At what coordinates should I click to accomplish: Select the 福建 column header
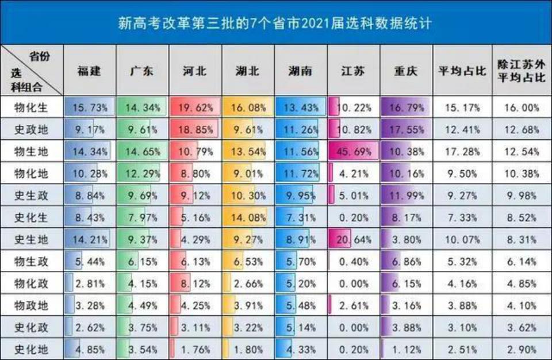[x=89, y=71]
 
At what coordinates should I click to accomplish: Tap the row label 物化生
[x=31, y=107]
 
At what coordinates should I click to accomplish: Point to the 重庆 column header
[x=406, y=71]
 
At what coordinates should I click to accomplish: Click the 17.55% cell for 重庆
[x=406, y=130]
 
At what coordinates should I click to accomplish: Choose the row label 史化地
[x=31, y=349]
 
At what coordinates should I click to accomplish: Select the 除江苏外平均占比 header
[x=521, y=71]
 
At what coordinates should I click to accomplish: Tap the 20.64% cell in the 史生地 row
[x=354, y=239]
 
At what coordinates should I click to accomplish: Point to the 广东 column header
[x=142, y=71]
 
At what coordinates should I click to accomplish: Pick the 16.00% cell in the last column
[x=521, y=107]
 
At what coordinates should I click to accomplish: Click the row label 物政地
[x=31, y=305]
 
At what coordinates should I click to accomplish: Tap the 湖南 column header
[x=301, y=71]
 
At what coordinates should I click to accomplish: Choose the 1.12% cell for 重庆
[x=406, y=349]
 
